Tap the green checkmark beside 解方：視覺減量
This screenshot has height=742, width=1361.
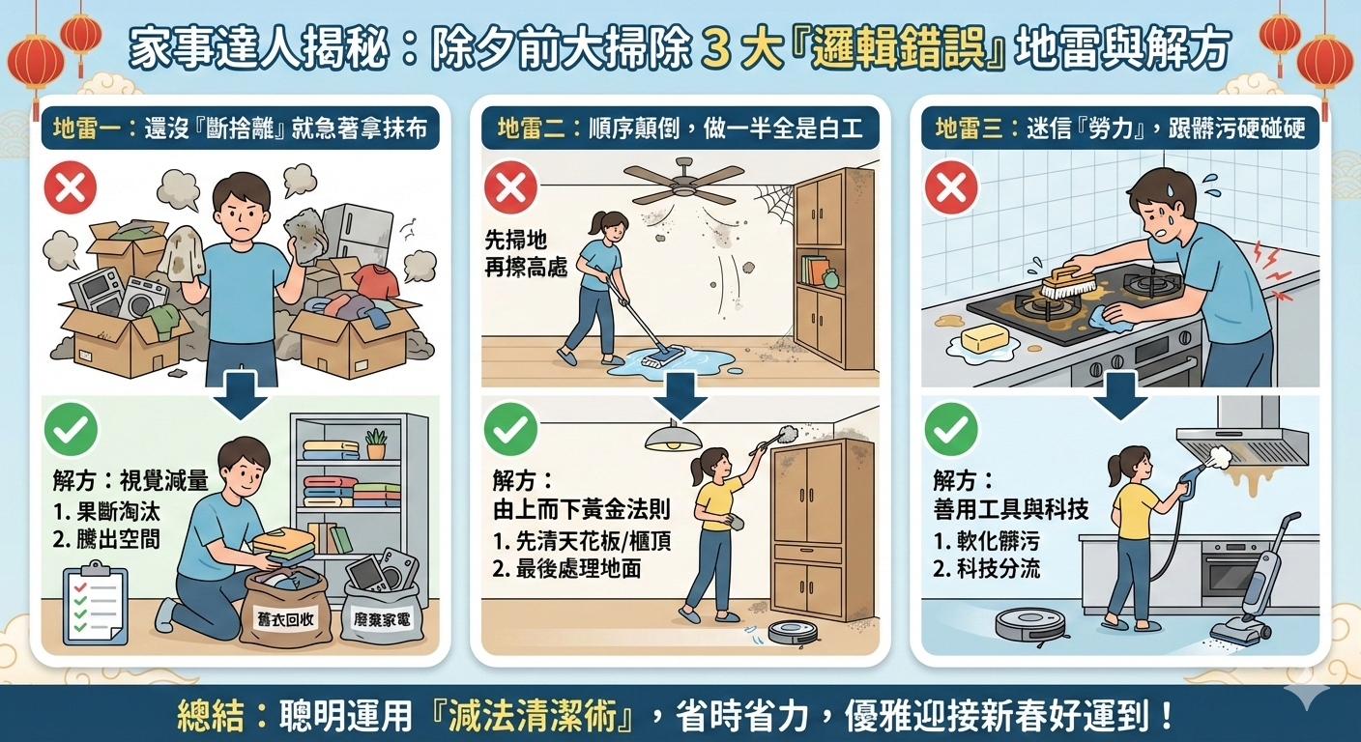(71, 431)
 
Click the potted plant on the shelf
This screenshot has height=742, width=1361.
(376, 444)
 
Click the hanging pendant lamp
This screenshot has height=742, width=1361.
(673, 436)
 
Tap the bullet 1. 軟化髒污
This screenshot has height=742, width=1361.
(987, 540)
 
